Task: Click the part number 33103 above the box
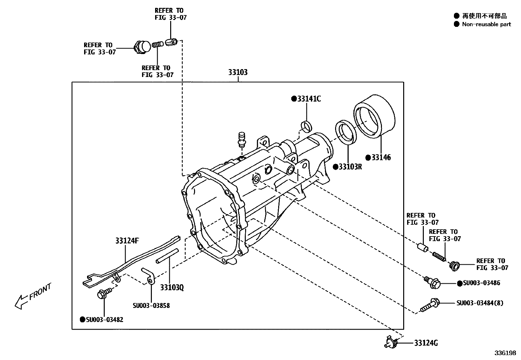pos(238,72)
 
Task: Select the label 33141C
pos(309,99)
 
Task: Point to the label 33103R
pos(350,167)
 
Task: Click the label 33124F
pos(127,241)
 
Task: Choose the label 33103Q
pos(172,288)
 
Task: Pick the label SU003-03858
pos(151,306)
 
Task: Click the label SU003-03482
pos(104,319)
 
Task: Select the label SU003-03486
pos(481,283)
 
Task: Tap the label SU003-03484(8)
pos(480,303)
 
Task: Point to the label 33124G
pos(426,343)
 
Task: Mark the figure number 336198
pos(505,353)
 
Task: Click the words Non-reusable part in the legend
pos(486,24)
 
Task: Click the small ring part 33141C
pos(306,126)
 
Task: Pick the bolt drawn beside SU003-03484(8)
pos(429,305)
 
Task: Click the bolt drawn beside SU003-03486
pos(433,282)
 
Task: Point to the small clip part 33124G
pos(391,342)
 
